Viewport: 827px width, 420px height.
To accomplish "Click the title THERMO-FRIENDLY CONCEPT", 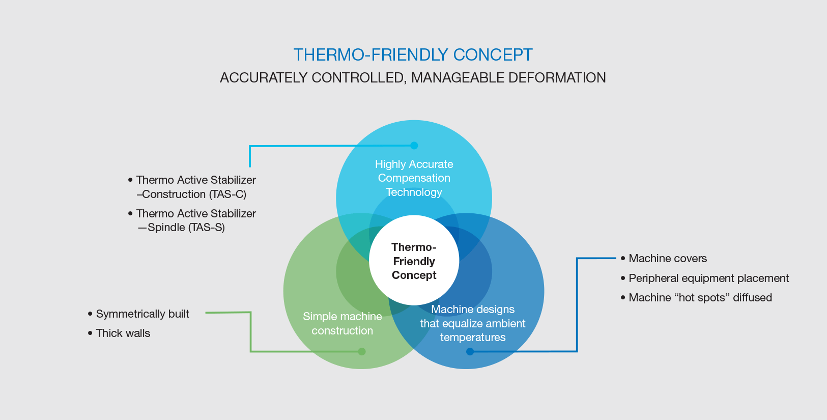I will click(x=413, y=55).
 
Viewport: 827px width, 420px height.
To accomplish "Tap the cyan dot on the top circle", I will click(x=414, y=146).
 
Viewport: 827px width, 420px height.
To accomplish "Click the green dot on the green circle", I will click(x=362, y=351).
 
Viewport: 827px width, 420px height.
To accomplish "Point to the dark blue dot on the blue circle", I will click(x=470, y=351).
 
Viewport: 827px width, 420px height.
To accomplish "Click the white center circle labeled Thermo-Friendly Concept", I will click(x=414, y=261).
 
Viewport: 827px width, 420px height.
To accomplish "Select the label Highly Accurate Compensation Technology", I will click(x=414, y=178).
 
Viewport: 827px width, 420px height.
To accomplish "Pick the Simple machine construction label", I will click(x=342, y=323).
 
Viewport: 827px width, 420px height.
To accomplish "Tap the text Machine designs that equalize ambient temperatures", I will click(x=472, y=323).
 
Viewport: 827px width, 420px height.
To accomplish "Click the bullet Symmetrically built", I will click(x=142, y=314).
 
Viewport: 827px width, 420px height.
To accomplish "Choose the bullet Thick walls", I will click(x=123, y=333).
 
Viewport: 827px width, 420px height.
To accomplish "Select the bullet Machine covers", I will click(x=667, y=259).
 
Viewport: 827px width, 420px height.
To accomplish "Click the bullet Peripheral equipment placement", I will click(x=708, y=278).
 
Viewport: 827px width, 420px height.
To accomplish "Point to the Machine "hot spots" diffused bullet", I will click(x=700, y=298).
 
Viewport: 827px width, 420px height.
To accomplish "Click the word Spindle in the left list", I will click(x=166, y=228).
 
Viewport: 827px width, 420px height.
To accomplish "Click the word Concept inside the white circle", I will click(x=414, y=275).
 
